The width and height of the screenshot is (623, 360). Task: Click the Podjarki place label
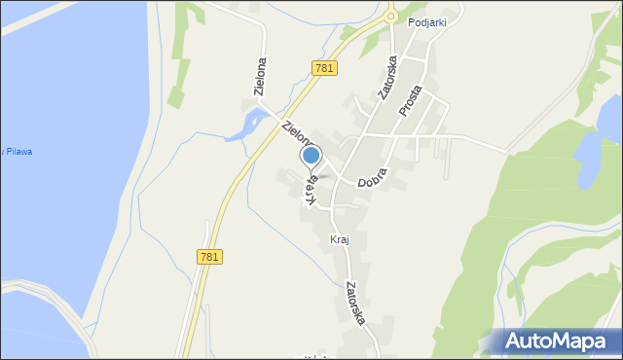(426, 24)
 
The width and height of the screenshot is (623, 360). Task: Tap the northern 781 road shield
(325, 67)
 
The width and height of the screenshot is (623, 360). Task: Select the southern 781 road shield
(209, 256)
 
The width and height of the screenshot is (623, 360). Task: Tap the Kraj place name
(340, 239)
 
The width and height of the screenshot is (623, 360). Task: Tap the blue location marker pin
(311, 156)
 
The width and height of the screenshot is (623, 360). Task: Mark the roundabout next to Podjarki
(390, 15)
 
